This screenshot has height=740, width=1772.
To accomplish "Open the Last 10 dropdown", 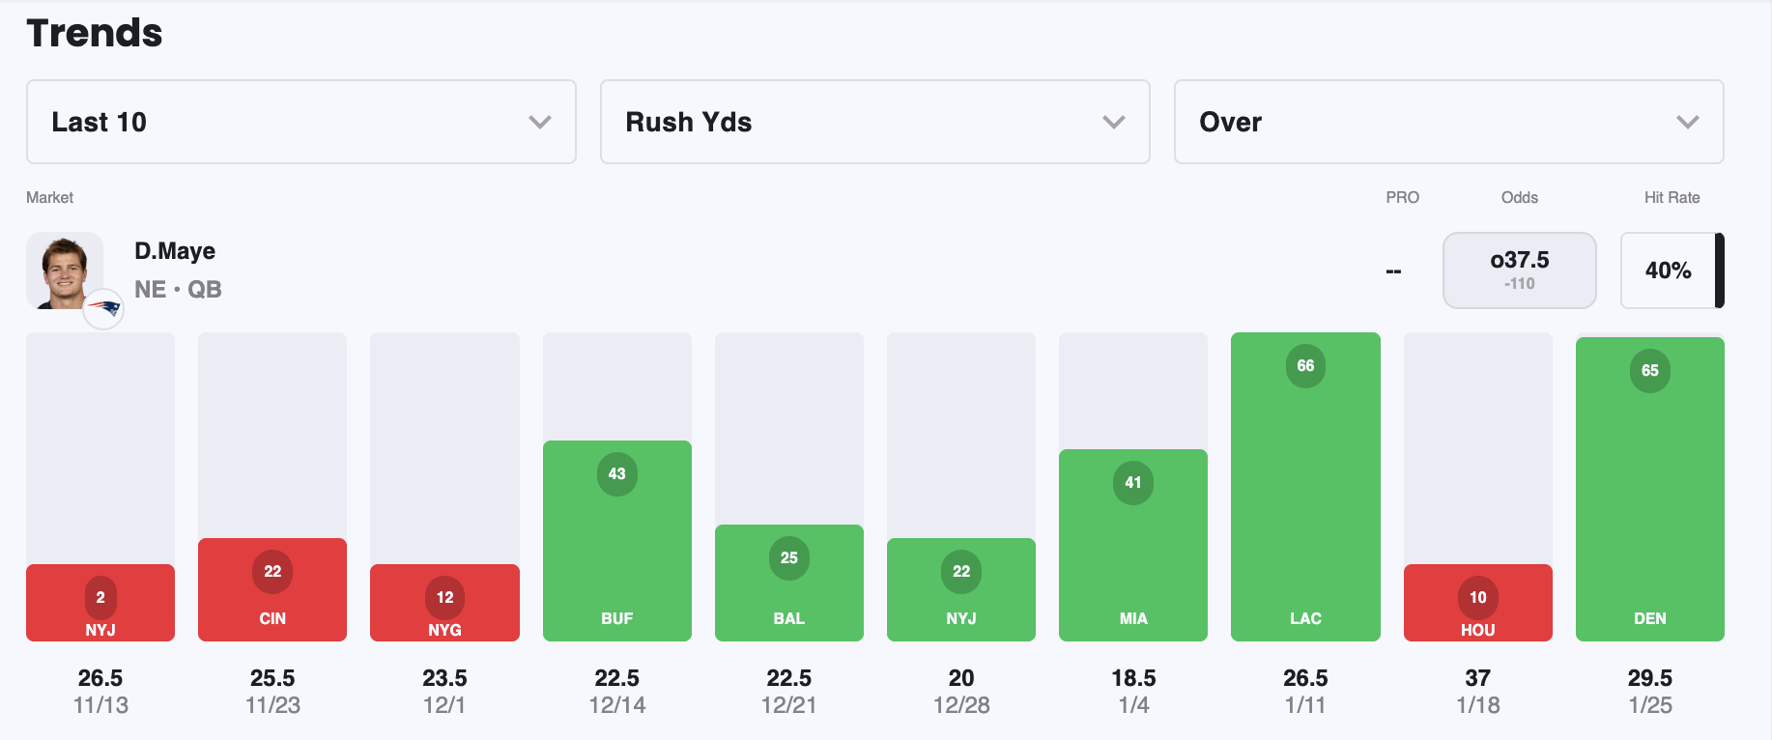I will coord(300,122).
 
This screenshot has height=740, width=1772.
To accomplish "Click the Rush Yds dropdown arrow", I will coord(1113,122).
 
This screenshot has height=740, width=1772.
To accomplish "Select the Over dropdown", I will coord(1447,122).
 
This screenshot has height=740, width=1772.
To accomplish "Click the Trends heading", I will coord(95,33).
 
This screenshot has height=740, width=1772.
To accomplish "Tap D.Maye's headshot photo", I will coord(64,270).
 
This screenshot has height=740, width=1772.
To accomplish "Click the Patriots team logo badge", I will coord(103,309).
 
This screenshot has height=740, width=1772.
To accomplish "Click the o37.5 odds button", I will coord(1519,270).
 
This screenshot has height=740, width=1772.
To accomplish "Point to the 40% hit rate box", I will coord(1668,270).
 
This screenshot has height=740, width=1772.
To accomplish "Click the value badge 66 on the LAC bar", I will coord(1305,366).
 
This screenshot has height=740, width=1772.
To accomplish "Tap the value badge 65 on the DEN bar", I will coord(1649,371).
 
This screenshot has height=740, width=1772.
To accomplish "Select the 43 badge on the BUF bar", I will coord(616,474).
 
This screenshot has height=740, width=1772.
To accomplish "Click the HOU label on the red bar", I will coord(1477,630).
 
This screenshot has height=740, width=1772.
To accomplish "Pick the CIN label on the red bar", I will coord(272,618).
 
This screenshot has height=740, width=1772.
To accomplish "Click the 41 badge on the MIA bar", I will coord(1132,483).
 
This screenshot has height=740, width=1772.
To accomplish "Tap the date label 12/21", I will coord(788,705).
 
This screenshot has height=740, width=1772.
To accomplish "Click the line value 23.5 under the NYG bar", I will coord(444,678).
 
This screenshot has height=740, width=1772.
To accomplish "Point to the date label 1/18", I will coord(1477,705).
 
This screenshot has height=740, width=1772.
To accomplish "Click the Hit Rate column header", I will coord(1672,197).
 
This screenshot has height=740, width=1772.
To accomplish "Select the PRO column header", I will coord(1402,197).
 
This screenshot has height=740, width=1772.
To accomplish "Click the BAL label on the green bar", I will coord(788,618).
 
